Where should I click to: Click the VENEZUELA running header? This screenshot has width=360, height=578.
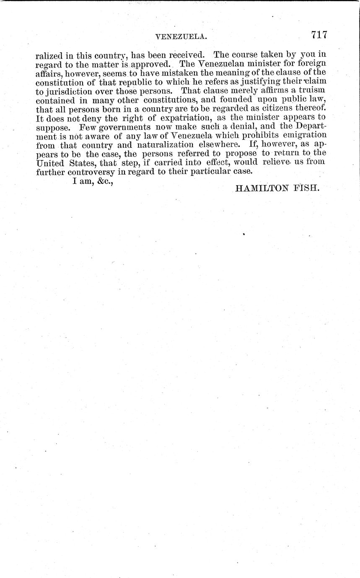(x=181, y=37)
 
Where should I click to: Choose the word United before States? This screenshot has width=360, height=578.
(x=51, y=163)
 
